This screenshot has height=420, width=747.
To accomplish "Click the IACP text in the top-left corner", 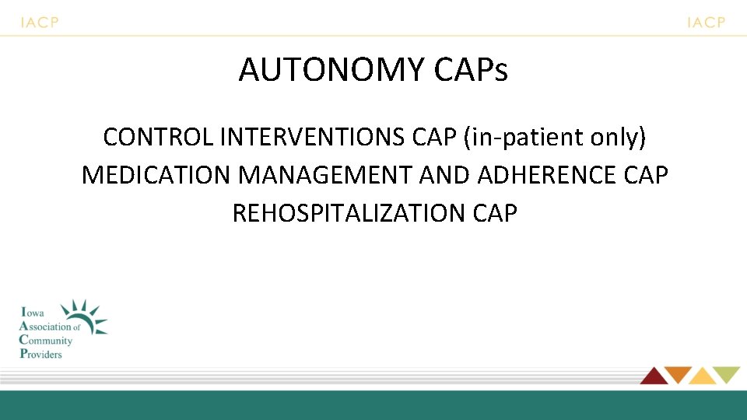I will [40, 23].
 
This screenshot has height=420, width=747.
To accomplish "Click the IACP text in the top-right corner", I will [706, 23].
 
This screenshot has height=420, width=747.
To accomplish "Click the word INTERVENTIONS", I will [311, 137].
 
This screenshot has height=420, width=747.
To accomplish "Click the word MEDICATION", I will [156, 175].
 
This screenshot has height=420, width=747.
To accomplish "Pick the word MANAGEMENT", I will [326, 175].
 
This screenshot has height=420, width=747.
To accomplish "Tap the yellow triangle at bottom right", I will [702, 376].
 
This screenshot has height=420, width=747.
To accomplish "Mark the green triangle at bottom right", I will [728, 375].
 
